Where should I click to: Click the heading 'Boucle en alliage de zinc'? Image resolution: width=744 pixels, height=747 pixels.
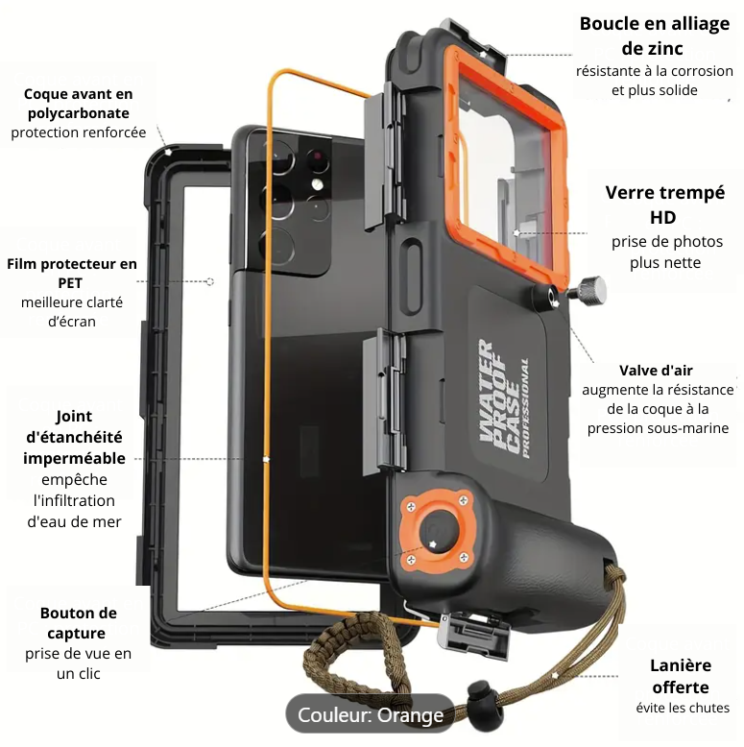pyautogui.click(x=655, y=36)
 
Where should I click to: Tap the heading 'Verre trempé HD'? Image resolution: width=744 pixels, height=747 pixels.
pyautogui.click(x=665, y=205)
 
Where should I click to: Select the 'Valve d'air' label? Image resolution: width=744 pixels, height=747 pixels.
pyautogui.click(x=656, y=371)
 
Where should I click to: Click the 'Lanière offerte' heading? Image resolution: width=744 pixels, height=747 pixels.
pyautogui.click(x=681, y=676)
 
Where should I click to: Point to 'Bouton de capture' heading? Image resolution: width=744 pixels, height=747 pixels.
pyautogui.click(x=78, y=622)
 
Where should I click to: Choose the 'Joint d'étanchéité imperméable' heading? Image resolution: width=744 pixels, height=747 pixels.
pyautogui.click(x=74, y=437)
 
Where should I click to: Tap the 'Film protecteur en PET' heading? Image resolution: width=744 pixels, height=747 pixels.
pyautogui.click(x=71, y=273)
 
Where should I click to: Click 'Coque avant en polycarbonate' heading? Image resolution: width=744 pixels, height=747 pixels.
pyautogui.click(x=78, y=104)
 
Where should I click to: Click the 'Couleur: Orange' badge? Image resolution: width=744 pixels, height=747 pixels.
pyautogui.click(x=371, y=714)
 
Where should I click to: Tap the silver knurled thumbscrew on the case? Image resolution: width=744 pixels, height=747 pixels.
pyautogui.click(x=588, y=290)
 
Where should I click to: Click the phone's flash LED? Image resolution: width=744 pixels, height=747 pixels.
pyautogui.click(x=317, y=184)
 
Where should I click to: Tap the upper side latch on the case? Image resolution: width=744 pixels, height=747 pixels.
pyautogui.click(x=384, y=154)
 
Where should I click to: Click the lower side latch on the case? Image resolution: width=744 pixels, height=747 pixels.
pyautogui.click(x=384, y=403)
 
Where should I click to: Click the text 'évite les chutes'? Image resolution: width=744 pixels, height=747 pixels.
pyautogui.click(x=683, y=708)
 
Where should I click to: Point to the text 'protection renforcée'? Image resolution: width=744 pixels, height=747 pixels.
pyautogui.click(x=79, y=132)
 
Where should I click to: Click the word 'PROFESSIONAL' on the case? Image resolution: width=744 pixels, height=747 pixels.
pyautogui.click(x=525, y=408)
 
